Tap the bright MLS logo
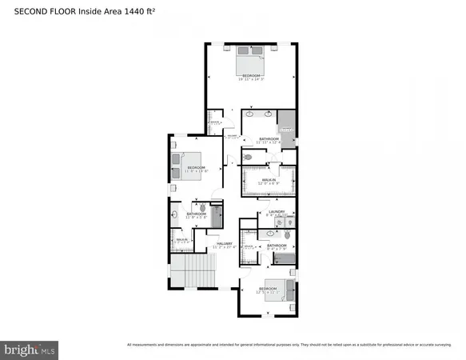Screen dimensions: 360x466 point(30,350)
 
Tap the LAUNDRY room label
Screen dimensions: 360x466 point(277,212)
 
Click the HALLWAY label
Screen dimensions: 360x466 point(225,244)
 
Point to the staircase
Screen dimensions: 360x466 point(193,274)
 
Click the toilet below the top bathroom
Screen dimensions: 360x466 point(249,158)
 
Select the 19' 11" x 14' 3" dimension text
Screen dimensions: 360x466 point(252,79)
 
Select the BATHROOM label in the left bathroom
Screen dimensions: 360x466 point(197,214)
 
